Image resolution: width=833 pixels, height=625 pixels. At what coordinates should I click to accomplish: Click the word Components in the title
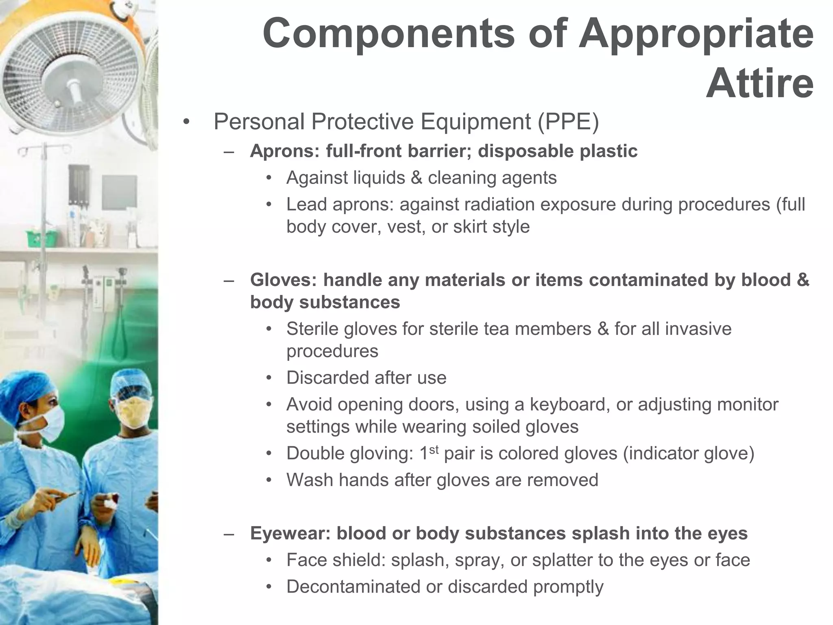tap(388, 34)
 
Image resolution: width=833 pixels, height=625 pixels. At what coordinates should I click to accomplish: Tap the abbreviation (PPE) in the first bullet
tap(568, 122)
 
